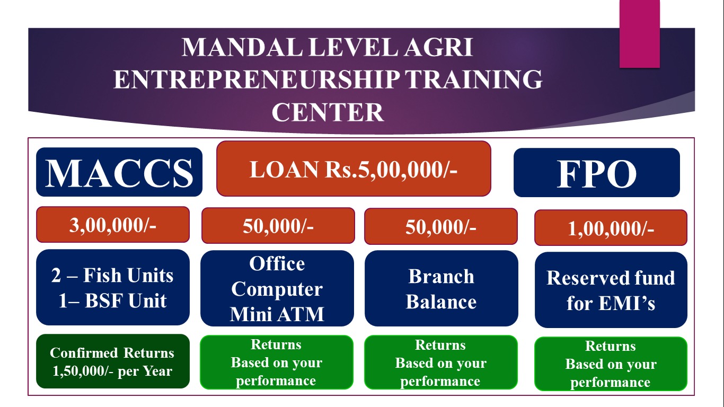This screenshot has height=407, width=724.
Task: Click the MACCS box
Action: (x=119, y=172)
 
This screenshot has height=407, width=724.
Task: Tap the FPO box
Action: (x=597, y=173)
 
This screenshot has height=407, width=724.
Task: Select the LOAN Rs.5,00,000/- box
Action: (x=354, y=169)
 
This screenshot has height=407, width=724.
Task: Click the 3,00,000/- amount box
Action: (x=113, y=225)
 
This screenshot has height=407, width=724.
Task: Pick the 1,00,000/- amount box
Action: (x=611, y=227)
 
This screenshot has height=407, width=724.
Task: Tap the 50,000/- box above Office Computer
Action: (x=278, y=226)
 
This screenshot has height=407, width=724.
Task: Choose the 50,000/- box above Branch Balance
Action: (x=441, y=226)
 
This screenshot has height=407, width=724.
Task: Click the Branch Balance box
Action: (x=441, y=288)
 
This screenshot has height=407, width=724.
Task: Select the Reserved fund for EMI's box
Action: (x=611, y=290)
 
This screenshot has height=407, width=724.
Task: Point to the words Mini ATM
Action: (x=277, y=314)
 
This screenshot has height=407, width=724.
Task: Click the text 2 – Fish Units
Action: (x=112, y=276)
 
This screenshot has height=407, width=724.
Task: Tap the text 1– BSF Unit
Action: (x=112, y=300)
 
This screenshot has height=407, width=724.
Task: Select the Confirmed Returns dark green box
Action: (x=113, y=361)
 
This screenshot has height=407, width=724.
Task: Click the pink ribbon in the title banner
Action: (x=640, y=34)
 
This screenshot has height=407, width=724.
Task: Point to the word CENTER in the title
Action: (x=328, y=112)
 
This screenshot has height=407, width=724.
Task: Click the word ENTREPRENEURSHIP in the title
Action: (x=257, y=79)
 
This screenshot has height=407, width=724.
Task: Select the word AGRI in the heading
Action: (x=439, y=48)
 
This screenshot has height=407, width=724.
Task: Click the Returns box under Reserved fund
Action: (x=611, y=364)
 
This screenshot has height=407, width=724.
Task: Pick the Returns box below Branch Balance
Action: (x=441, y=362)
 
